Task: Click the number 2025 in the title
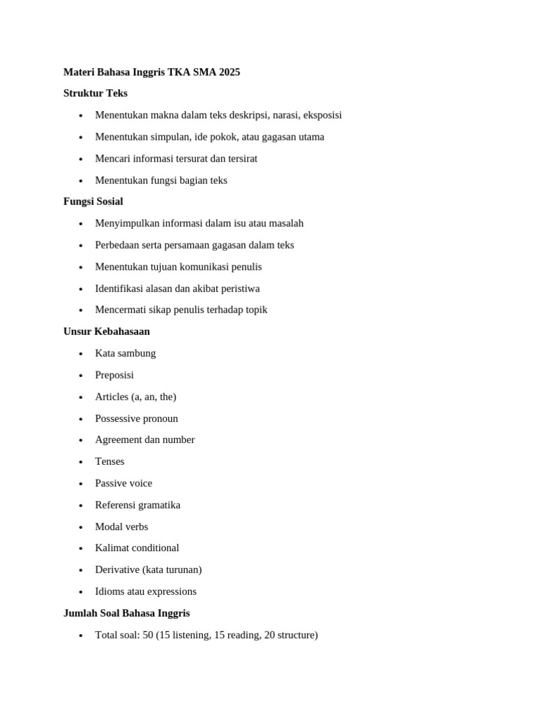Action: [x=229, y=72]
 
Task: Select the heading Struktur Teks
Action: [x=95, y=93]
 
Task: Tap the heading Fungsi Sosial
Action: [x=93, y=202]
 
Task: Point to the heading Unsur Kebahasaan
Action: [x=107, y=331]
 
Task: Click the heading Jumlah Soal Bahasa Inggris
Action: [x=126, y=613]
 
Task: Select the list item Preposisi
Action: [x=114, y=375]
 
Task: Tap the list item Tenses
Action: [x=109, y=461]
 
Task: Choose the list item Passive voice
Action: [x=124, y=483]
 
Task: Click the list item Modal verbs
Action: [x=121, y=527]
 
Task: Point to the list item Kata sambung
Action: [x=126, y=353]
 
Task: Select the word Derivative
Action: [x=117, y=569]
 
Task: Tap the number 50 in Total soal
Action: [x=149, y=635]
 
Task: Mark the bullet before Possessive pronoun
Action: [x=81, y=419]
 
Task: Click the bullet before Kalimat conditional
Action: [x=81, y=548]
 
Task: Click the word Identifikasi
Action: [x=121, y=289]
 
